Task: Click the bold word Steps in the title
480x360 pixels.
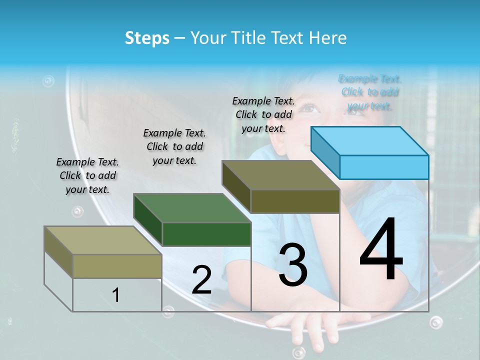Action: (x=147, y=38)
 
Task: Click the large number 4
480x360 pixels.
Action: (x=381, y=250)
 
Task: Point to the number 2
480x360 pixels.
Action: (x=201, y=280)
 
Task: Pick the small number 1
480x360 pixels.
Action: (x=116, y=295)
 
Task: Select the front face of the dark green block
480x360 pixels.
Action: (x=206, y=234)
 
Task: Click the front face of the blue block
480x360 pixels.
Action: (x=384, y=167)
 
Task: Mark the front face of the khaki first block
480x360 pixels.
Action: (x=117, y=266)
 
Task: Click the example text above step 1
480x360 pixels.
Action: (x=87, y=175)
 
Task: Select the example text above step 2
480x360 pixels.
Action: (x=174, y=146)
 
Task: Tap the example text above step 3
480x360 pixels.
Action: (x=263, y=114)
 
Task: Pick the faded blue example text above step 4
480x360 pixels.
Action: (x=370, y=92)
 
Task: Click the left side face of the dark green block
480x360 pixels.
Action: (x=148, y=219)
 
